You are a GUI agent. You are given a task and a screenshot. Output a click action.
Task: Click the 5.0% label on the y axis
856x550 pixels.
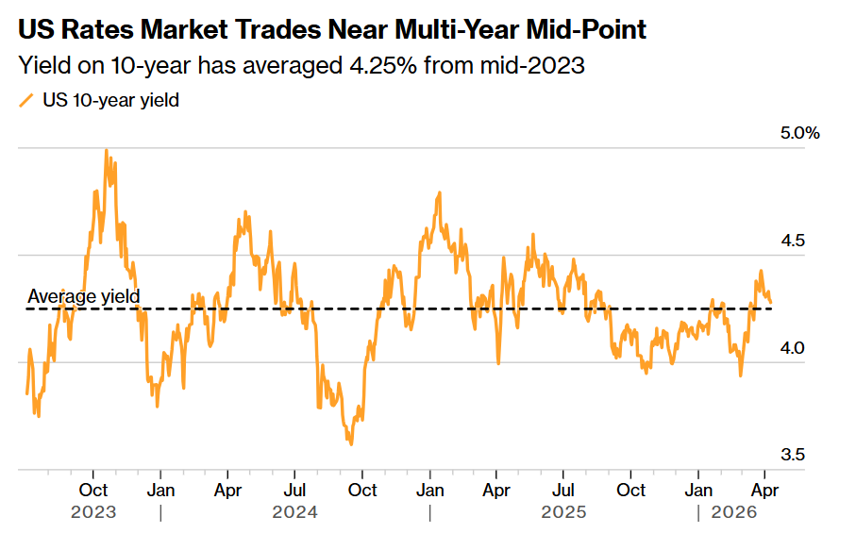pos(800,133)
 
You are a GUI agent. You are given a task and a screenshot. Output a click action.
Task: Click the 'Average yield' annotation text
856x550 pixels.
pos(84,296)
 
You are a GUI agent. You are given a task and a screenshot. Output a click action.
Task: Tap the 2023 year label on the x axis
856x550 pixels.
pos(93,512)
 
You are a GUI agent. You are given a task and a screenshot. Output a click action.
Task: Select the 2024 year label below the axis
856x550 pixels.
pos(294,512)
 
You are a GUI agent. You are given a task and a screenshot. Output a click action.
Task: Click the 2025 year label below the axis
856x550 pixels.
pos(563,512)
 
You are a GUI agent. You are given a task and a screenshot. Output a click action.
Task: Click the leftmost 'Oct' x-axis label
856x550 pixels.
pos(93,490)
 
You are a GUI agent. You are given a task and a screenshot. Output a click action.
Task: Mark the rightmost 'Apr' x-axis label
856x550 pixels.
pos(764,490)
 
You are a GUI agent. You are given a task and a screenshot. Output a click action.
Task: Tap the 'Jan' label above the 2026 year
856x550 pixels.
pos(698,490)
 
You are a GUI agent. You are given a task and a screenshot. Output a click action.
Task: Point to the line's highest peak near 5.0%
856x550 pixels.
pos(106,150)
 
